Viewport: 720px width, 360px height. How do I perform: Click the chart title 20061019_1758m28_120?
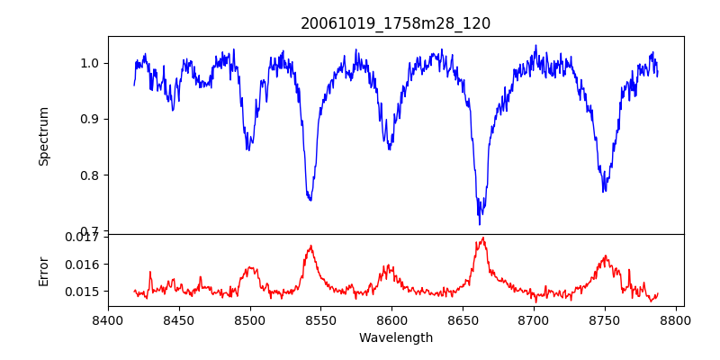396,23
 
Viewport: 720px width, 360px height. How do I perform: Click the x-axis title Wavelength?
396,338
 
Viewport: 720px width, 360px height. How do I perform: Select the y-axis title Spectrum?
43,136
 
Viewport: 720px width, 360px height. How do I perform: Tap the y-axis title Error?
43,271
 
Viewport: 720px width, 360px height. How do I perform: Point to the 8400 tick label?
108,319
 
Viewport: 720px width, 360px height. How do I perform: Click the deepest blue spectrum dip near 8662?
480,224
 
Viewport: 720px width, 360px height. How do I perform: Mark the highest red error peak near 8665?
483,238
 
